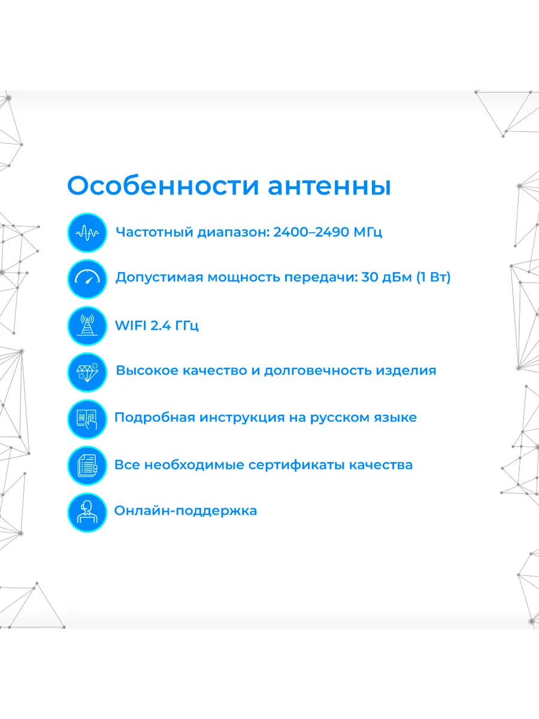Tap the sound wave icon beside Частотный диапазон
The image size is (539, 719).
point(87,232)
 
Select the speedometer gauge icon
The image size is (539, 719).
point(87,278)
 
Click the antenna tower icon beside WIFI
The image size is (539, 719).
point(87,325)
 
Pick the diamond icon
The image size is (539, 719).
point(87,371)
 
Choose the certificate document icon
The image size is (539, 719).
point(87,465)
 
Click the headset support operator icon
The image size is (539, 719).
point(87,512)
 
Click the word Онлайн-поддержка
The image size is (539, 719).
point(186,511)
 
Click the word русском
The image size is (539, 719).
point(338,418)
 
